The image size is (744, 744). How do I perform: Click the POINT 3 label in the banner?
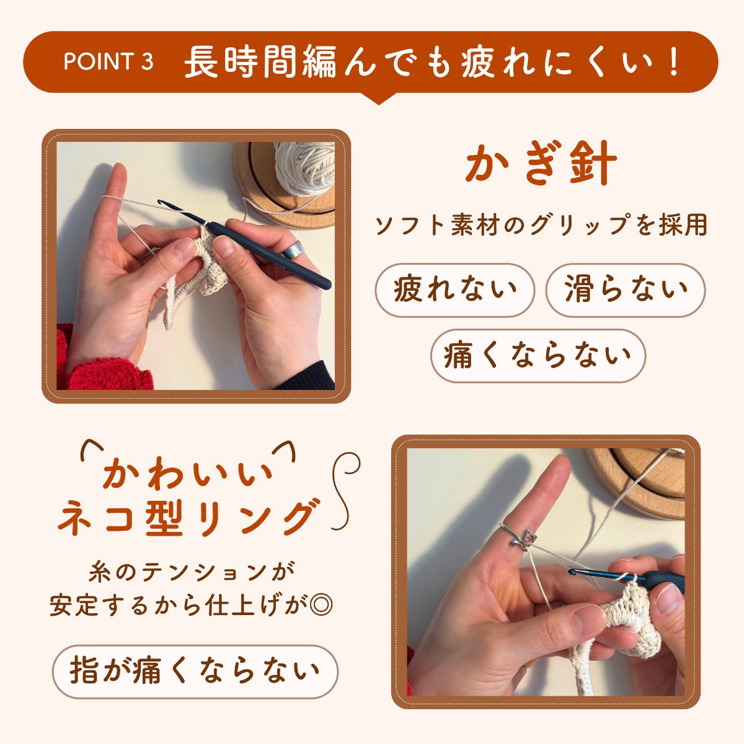tap(108, 61)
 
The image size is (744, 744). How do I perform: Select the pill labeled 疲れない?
tap(455, 290)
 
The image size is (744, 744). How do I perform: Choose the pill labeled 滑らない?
tap(626, 290)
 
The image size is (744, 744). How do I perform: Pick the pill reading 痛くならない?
tap(538, 356)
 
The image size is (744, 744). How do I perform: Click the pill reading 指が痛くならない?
tap(195, 671)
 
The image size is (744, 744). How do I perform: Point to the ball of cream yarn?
tap(305, 168)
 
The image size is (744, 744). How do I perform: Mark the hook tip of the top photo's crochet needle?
tap(159, 201)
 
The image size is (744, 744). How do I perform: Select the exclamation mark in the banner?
tap(674, 62)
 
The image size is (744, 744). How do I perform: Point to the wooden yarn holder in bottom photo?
tap(637, 482)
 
